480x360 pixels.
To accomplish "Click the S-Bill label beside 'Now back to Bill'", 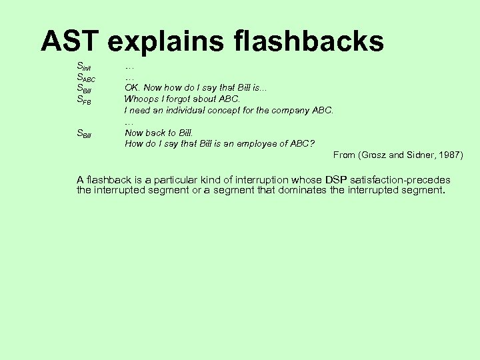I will pyautogui.click(x=84, y=133).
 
